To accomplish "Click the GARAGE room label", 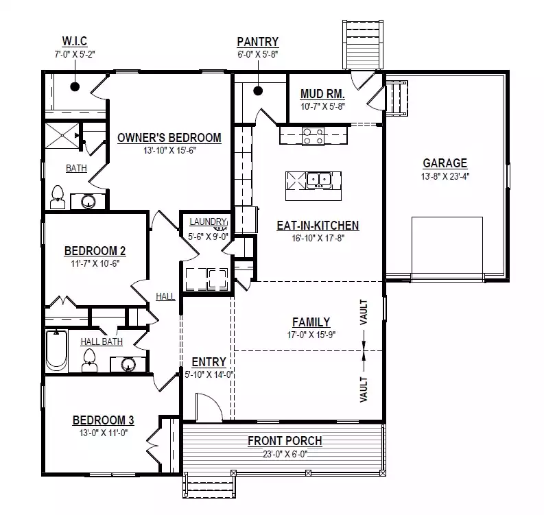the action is pyautogui.click(x=445, y=163).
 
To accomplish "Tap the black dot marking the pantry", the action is pyautogui.click(x=258, y=91).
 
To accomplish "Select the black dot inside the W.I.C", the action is pyautogui.click(x=75, y=86).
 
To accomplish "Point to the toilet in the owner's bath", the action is pyautogui.click(x=58, y=197).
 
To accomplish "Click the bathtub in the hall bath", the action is pyautogui.click(x=56, y=350).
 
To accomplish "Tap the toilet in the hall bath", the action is pyautogui.click(x=89, y=361).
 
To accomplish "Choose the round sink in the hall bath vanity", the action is pyautogui.click(x=128, y=364).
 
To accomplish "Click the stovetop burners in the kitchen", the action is pyautogui.click(x=313, y=136).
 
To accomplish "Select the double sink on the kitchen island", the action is pyautogui.click(x=319, y=180).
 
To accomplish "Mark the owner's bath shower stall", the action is pyautogui.click(x=62, y=135).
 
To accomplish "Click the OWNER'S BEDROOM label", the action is pyautogui.click(x=169, y=138).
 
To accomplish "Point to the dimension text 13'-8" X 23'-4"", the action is pyautogui.click(x=445, y=176).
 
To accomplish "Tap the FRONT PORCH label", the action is pyautogui.click(x=285, y=441).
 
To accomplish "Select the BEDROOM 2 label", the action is pyautogui.click(x=95, y=251).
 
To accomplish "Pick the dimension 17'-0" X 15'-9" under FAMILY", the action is pyautogui.click(x=311, y=335).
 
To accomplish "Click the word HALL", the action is pyautogui.click(x=165, y=296).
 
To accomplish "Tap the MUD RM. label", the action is pyautogui.click(x=322, y=94).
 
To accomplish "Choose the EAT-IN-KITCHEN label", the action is pyautogui.click(x=318, y=226).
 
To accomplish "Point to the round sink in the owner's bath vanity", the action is pyautogui.click(x=88, y=202).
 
